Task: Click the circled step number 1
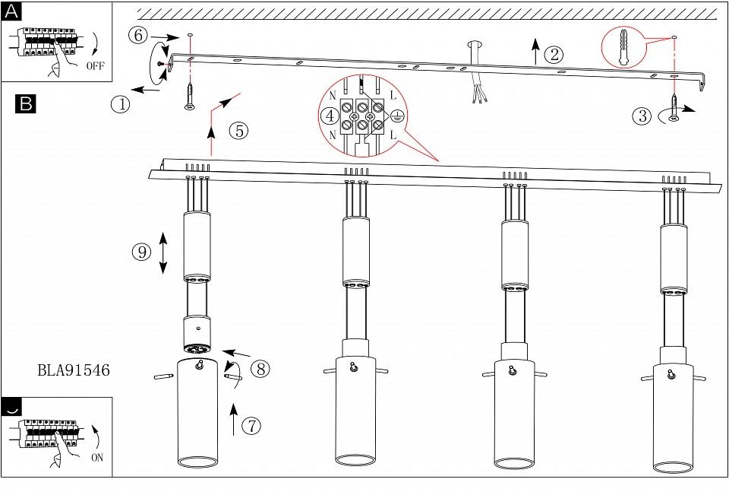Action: (121, 103)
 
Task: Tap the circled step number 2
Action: (554, 55)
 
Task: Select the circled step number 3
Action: (642, 116)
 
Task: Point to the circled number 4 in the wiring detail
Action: (330, 116)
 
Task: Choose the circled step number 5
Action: (239, 131)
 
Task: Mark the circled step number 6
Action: (138, 36)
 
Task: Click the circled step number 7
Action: (251, 425)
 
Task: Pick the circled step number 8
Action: (260, 369)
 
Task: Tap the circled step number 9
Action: (142, 252)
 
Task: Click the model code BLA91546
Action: (74, 370)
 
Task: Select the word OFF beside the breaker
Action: (96, 65)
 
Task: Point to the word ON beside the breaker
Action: (97, 458)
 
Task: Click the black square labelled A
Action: (11, 11)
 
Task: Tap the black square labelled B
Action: (26, 103)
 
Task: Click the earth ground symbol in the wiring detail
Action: (396, 116)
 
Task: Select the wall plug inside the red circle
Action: (623, 47)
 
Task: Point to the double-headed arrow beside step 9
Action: (163, 252)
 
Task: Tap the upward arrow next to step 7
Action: (234, 419)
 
